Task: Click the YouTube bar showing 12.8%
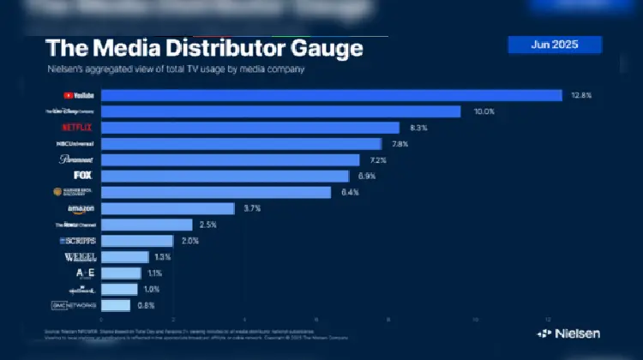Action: [331, 95]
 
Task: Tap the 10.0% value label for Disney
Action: [485, 111]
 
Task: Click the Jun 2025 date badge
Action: [555, 45]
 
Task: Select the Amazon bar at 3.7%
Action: [167, 208]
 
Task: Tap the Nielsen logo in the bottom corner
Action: [568, 333]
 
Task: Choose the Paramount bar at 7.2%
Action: [230, 160]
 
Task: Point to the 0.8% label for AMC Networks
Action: [146, 305]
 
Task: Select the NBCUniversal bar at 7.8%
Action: [241, 144]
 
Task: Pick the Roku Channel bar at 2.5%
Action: [146, 225]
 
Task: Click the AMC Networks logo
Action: [75, 305]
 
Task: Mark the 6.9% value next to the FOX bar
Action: [367, 176]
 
